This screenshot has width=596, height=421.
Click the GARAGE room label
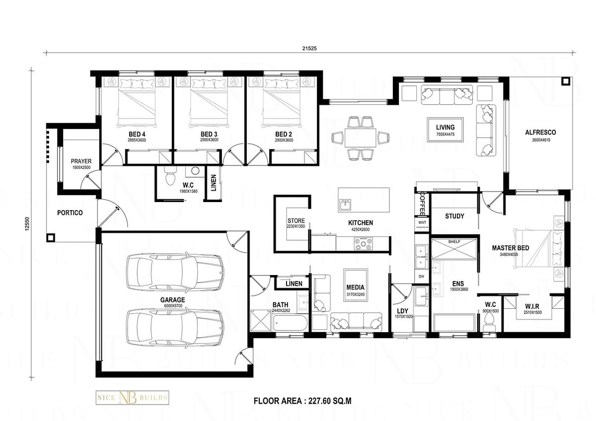[x=172, y=300]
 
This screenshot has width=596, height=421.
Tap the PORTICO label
[x=70, y=212]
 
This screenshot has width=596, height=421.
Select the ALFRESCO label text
[x=540, y=133]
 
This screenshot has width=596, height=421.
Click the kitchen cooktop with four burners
[x=364, y=243]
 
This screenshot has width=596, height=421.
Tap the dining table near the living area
[x=361, y=138]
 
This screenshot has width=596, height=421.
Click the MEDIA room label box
[x=356, y=290]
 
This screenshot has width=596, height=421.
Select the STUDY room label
[x=454, y=216]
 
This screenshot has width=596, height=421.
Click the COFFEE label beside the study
[x=422, y=204]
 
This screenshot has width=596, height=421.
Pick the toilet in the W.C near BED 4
[x=170, y=176]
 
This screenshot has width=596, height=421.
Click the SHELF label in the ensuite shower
[x=454, y=241]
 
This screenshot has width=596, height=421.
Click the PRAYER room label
[x=80, y=164]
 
